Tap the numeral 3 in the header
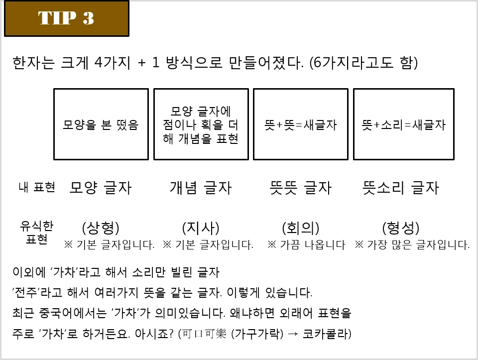point(88,18)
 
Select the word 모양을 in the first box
point(79,125)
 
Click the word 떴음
point(127,125)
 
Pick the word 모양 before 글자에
point(181,111)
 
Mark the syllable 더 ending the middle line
point(234,125)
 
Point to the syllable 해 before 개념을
point(168,138)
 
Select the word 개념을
point(195,138)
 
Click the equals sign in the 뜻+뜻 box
point(299,125)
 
